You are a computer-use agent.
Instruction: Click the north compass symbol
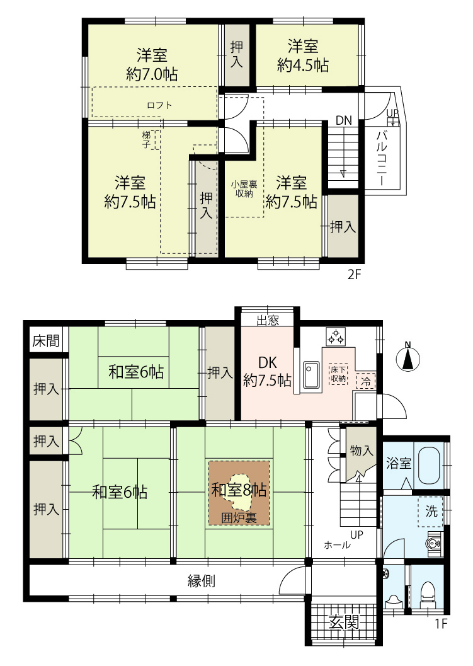coord(407,358)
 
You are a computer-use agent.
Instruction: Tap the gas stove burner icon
coord(336,336)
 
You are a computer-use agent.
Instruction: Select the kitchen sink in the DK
coord(311,374)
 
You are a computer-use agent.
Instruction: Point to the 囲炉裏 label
coord(239,518)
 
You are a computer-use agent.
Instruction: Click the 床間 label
coord(45,341)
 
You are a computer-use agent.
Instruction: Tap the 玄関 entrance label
coord(344,623)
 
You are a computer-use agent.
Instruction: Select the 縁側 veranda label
coord(202,581)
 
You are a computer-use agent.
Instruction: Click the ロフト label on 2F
coord(159,105)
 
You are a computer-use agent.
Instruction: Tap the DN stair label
coord(344,120)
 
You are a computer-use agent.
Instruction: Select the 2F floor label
coord(354,274)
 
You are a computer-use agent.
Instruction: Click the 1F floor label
coord(441,623)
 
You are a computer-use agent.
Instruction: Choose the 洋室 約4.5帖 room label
coord(303,55)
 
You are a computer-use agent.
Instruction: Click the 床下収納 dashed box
coord(338,374)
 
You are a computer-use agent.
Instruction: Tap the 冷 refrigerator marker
coord(365,381)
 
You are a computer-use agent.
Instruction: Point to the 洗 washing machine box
coord(431,512)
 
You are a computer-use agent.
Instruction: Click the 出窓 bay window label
coord(268,320)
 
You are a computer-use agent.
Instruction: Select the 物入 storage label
coord(362,451)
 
